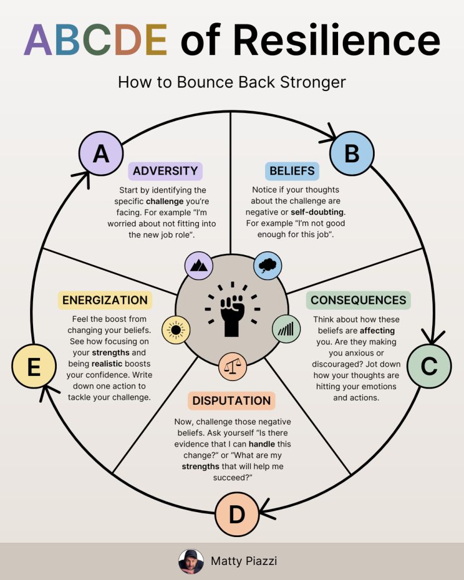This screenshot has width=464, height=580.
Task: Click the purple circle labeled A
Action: pos(101,154)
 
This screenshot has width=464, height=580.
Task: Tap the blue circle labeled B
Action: pos(352,154)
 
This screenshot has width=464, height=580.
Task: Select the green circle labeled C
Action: pos(429,366)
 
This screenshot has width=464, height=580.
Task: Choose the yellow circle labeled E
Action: pos(34,366)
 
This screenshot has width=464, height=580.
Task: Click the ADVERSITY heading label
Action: pos(165,171)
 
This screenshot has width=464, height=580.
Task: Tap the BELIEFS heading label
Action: pos(292,171)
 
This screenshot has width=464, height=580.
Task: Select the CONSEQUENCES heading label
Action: pos(358,300)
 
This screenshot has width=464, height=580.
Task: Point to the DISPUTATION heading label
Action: pos(231,401)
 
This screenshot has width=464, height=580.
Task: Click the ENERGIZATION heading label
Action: pos(105,300)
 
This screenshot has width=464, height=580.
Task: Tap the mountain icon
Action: pos(199,265)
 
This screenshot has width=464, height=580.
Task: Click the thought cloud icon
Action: pos(267,265)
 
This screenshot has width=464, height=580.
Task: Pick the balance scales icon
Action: pos(233,366)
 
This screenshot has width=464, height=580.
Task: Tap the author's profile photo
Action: pos(191,561)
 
